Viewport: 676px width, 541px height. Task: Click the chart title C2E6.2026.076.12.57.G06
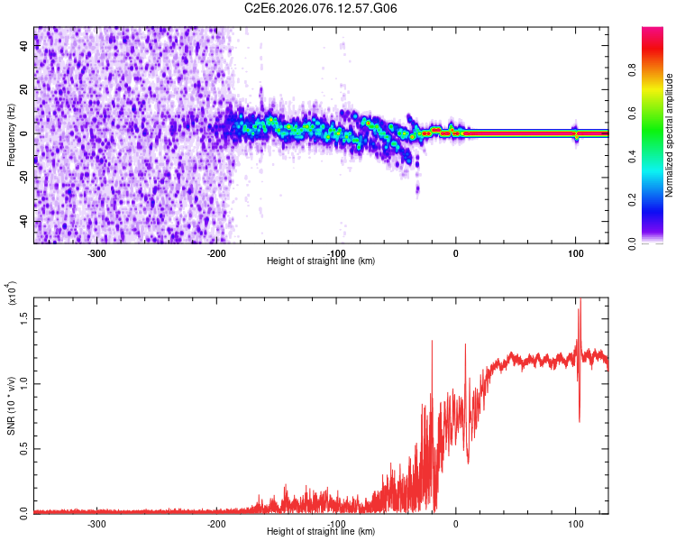coord(321,8)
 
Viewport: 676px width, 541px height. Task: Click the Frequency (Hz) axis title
coord(11,133)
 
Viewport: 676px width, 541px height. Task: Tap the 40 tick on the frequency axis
coord(24,47)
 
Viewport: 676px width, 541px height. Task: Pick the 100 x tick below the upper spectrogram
coord(575,252)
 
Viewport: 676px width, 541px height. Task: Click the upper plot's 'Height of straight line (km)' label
coord(321,261)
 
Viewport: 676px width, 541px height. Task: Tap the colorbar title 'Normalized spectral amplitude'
coord(670,135)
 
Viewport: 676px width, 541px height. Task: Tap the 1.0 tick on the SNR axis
coord(24,382)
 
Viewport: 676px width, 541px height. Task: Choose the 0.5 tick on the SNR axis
coord(24,447)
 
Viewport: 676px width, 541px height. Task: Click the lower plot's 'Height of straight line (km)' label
coord(321,532)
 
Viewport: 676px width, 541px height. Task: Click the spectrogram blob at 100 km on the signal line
coord(575,133)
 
